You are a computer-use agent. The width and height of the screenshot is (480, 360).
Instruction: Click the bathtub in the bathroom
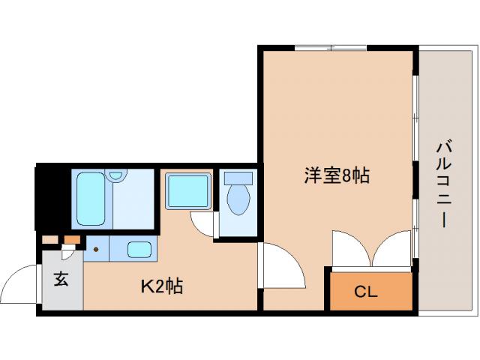90,198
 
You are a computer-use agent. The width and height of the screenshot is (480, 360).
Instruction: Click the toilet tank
239,179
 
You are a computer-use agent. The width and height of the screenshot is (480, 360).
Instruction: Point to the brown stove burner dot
96,248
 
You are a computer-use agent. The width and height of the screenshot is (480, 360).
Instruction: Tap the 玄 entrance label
61,280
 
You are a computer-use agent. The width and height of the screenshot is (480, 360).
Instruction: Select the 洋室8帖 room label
337,176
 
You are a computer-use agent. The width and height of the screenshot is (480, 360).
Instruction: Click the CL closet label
367,290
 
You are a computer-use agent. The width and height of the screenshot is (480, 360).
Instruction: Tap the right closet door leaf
392,249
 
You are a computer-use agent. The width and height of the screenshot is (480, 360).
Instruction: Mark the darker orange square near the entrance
72,240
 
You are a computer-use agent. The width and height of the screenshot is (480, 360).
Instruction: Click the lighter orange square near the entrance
49,240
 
